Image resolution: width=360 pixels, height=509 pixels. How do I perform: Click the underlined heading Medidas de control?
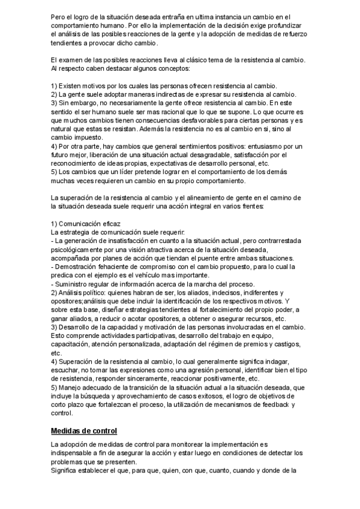pos(83,430)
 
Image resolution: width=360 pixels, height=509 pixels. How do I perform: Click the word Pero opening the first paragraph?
pos(59,16)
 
